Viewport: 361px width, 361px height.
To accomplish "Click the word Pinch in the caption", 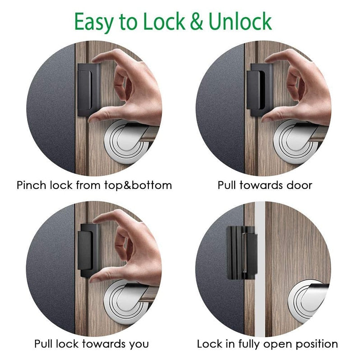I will tap(31, 185).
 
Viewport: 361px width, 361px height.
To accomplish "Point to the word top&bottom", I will tap(135, 185).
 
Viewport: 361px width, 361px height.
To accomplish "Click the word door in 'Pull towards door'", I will tap(296, 185).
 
